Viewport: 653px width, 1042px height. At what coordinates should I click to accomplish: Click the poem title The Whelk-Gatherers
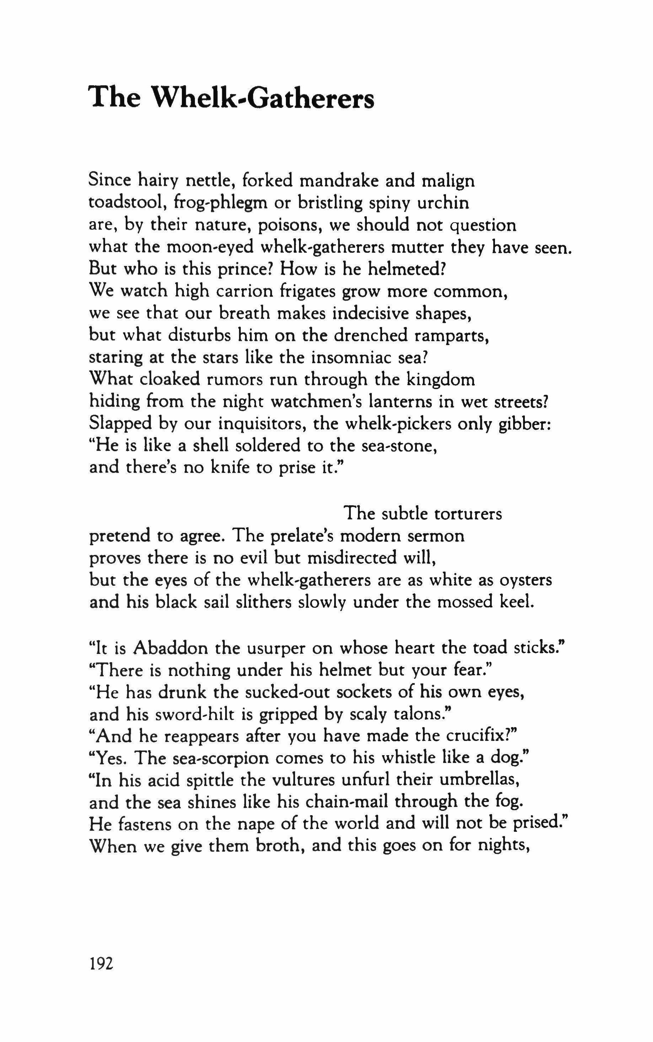click(x=231, y=98)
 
